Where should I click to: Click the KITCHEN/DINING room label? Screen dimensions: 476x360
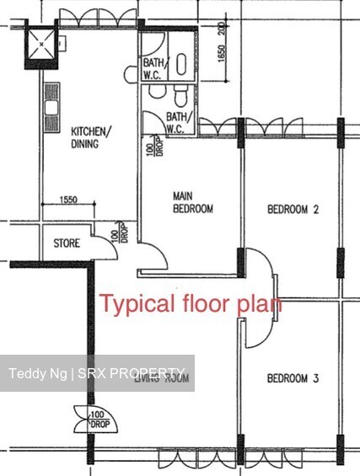click(89, 137)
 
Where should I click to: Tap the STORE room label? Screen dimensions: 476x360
click(67, 243)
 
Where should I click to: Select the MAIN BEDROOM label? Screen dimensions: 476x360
click(193, 202)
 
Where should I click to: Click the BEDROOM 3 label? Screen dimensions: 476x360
click(292, 379)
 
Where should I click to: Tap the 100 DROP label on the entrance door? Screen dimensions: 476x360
click(97, 416)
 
